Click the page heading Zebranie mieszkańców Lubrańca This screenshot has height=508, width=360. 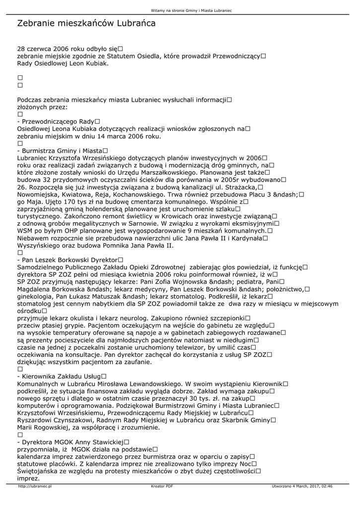[x=86, y=23]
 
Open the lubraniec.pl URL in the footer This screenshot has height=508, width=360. [x=35, y=486]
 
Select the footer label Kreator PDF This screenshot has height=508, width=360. [x=162, y=486]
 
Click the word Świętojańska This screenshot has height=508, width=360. [x=39, y=471]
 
